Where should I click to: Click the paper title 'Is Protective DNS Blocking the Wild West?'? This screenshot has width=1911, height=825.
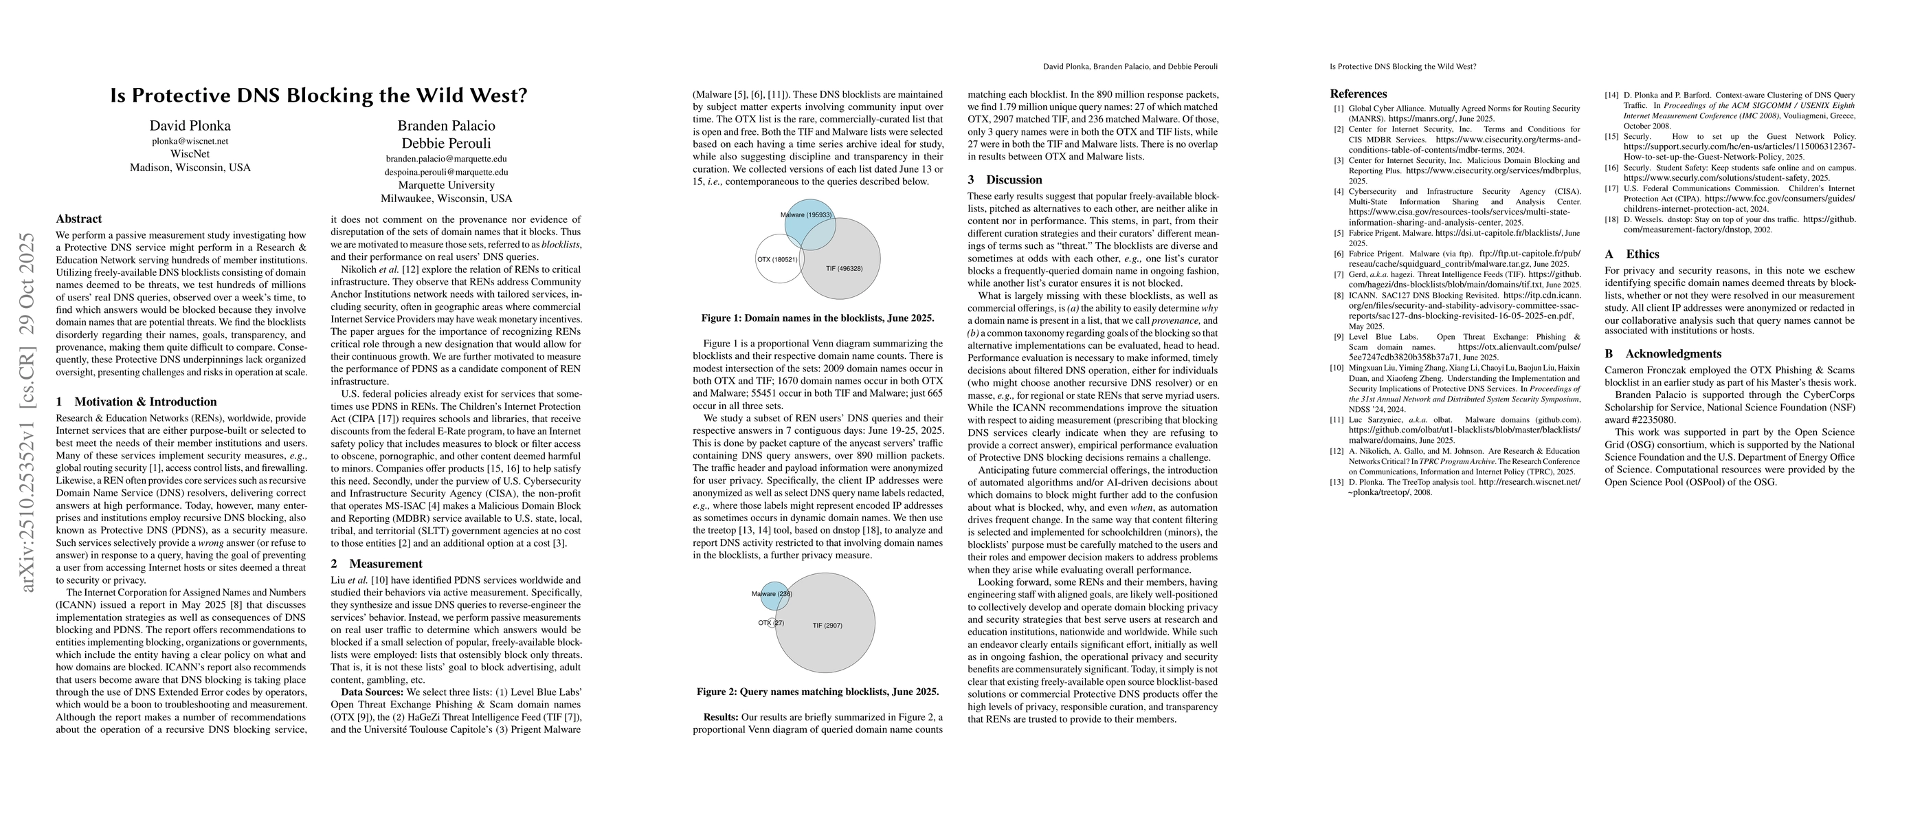318,96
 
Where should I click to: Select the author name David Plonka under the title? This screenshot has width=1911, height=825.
190,125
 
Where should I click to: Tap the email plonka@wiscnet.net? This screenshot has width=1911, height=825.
190,141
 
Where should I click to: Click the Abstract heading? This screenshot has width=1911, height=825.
78,219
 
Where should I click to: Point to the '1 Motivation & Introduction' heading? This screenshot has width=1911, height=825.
137,401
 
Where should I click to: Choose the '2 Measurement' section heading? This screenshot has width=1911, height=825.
376,564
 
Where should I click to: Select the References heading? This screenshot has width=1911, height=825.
1358,94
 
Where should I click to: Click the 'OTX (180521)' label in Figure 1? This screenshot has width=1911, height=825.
776,260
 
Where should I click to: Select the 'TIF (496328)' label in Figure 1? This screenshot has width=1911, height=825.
845,268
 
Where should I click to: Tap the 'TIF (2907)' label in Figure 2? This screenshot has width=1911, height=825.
827,626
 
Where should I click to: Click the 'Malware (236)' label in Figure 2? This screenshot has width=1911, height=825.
772,594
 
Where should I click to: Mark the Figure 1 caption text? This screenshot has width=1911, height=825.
818,318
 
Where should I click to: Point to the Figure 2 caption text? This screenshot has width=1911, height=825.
818,692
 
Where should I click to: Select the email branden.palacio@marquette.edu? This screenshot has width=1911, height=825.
446,159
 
